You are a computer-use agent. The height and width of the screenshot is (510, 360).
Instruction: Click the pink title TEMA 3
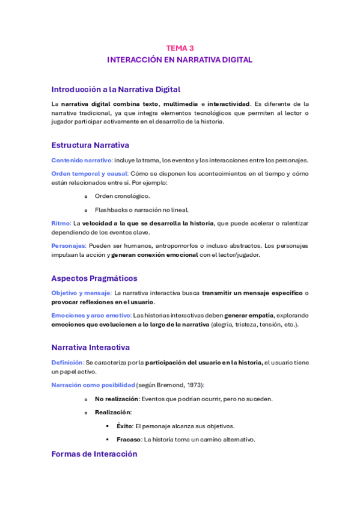click(x=180, y=48)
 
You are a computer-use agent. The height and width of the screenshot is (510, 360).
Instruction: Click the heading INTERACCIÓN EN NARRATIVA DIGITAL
click(x=180, y=60)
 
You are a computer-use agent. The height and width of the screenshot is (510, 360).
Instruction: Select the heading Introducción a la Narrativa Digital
click(x=115, y=90)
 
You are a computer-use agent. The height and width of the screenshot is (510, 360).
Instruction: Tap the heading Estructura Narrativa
click(x=90, y=145)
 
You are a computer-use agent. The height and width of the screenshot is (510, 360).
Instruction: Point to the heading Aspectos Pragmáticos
click(x=94, y=278)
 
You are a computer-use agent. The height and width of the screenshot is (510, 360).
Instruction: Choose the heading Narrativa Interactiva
click(x=90, y=348)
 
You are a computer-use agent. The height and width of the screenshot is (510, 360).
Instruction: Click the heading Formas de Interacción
click(x=94, y=454)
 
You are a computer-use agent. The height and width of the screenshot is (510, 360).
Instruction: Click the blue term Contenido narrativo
click(x=82, y=160)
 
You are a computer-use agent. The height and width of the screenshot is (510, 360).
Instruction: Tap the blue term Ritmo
click(x=61, y=223)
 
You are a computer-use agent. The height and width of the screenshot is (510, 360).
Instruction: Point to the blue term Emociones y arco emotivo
click(x=91, y=315)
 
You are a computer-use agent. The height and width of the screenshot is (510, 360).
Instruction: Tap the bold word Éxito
click(x=124, y=426)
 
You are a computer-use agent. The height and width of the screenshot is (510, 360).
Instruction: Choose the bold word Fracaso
click(x=129, y=439)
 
